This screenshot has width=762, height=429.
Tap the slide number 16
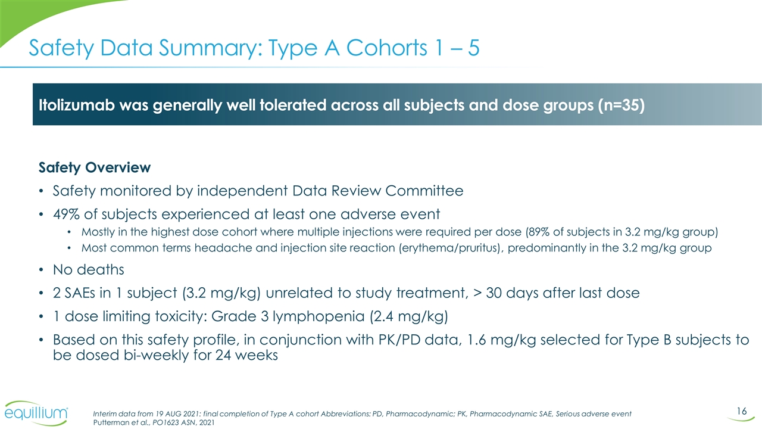(741, 412)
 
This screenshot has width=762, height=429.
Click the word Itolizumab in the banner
(72, 105)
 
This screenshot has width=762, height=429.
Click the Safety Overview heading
(95, 167)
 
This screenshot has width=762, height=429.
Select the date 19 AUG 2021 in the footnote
(164, 414)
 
